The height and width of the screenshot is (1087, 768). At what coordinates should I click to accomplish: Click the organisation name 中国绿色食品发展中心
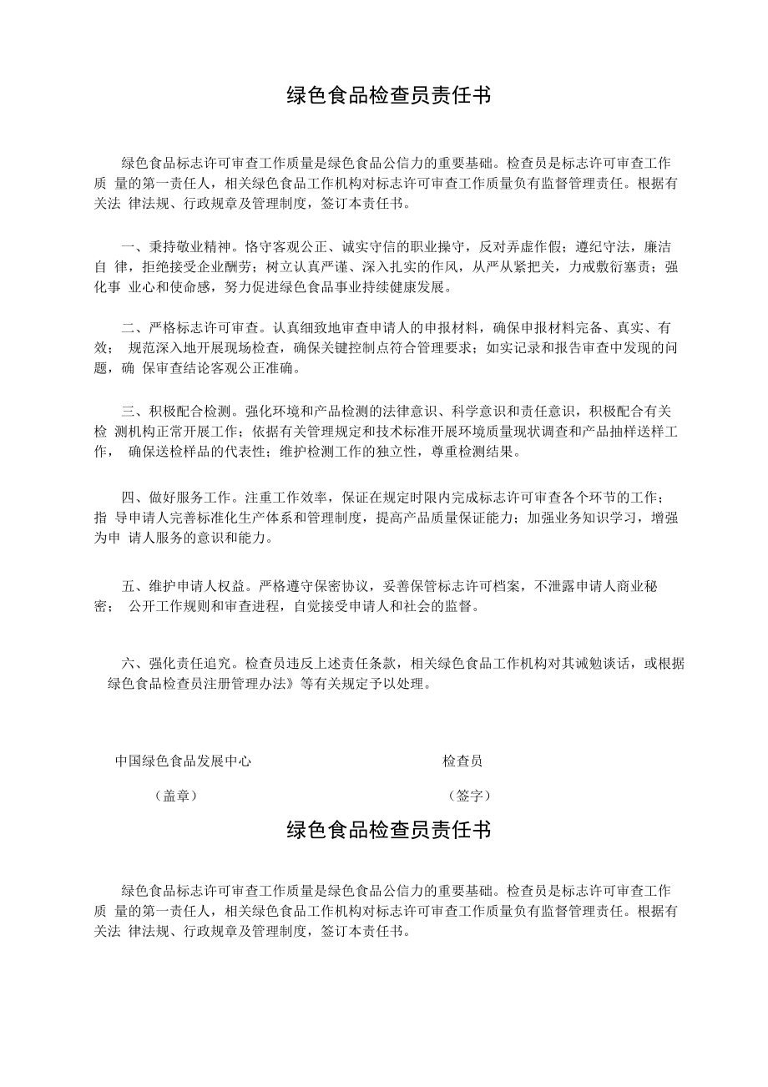click(183, 761)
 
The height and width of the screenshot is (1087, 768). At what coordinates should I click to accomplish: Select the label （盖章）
click(175, 796)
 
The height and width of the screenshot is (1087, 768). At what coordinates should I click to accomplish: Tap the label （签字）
click(469, 796)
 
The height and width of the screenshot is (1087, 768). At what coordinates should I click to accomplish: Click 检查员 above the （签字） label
click(462, 761)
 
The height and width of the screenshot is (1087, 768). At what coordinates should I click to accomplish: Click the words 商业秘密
click(634, 586)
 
